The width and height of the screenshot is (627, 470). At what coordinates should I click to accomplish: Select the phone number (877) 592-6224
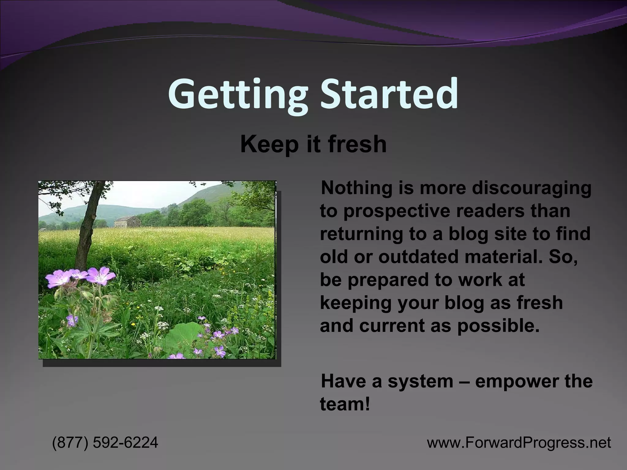tap(105, 442)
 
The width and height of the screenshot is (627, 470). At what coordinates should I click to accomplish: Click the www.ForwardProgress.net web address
tap(519, 442)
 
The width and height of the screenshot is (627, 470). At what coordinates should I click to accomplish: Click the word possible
tap(498, 326)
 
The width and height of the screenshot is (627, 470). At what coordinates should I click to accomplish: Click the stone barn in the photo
tap(127, 222)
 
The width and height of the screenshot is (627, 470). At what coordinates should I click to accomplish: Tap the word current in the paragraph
tap(392, 326)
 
